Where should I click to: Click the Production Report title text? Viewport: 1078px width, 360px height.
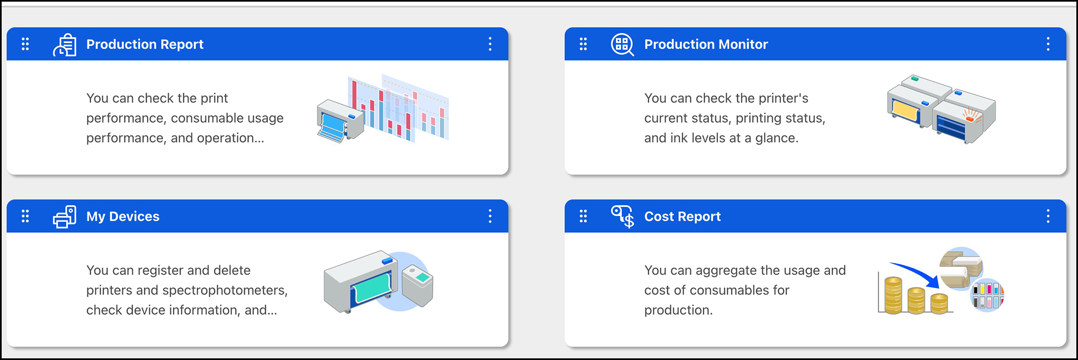tap(145, 44)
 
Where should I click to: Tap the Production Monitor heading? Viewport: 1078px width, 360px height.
tap(706, 44)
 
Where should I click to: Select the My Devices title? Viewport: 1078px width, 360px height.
tap(123, 217)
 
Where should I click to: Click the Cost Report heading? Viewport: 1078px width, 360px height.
tap(682, 217)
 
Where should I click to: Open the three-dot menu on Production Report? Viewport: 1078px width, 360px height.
tap(490, 44)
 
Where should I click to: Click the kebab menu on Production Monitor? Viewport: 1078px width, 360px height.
tap(1048, 44)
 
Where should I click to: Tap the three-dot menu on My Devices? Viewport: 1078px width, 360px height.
tap(490, 217)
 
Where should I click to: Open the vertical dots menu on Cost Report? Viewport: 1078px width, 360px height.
tap(1048, 217)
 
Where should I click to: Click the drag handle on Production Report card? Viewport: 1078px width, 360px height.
tap(25, 44)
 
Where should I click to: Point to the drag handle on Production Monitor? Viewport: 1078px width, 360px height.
tap(583, 44)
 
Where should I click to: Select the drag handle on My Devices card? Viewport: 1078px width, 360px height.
tap(25, 217)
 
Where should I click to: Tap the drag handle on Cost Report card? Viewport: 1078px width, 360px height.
tap(583, 217)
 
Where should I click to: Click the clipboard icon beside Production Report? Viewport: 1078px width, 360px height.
tap(65, 45)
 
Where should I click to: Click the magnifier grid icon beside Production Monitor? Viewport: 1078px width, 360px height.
tap(622, 45)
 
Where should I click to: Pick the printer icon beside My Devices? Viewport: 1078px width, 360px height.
tap(65, 217)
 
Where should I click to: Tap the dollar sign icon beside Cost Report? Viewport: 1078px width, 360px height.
tap(623, 217)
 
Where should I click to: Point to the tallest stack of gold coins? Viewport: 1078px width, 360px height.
tap(893, 295)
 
